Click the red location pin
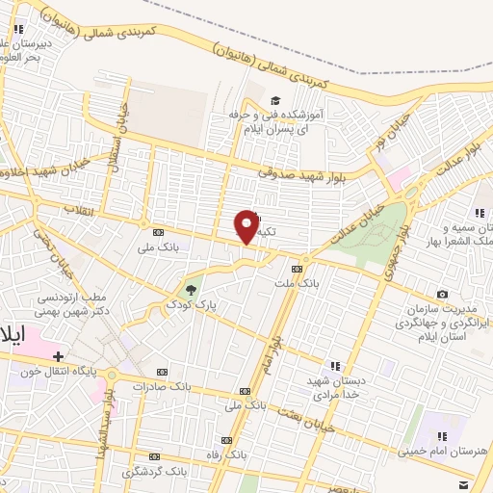tap(247, 227)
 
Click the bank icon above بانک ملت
tap(297, 269)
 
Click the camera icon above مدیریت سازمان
tap(442, 294)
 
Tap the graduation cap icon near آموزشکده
tap(275, 100)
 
